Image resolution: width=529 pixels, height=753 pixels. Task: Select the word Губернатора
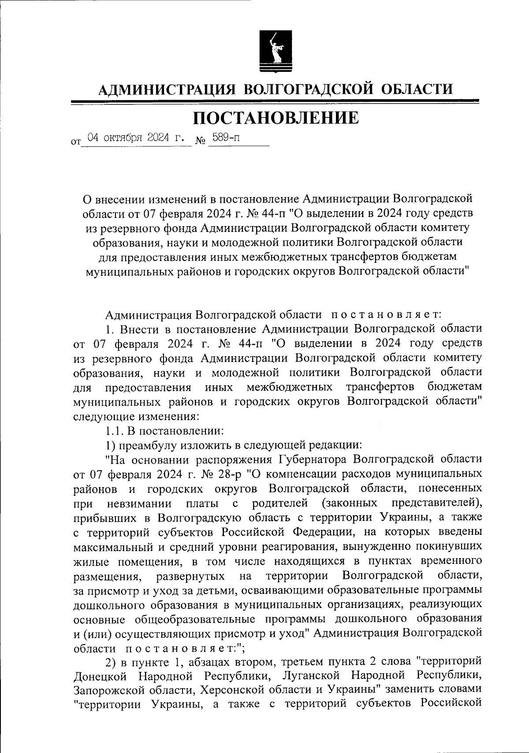[x=315, y=459]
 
